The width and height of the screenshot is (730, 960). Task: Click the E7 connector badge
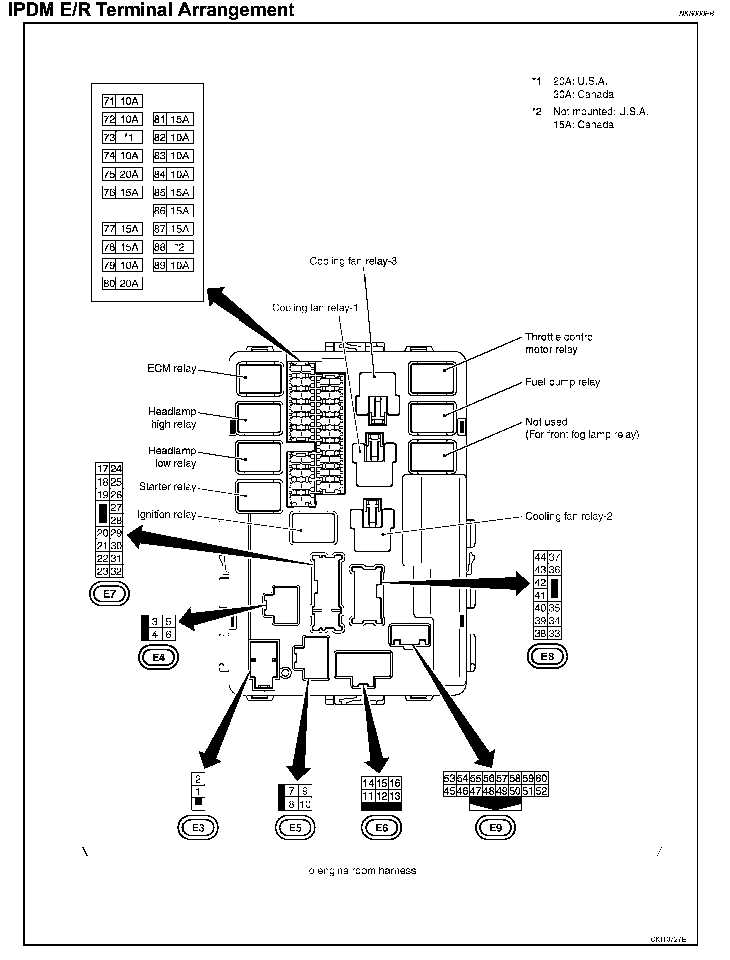click(x=109, y=594)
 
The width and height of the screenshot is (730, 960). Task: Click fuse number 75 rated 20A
click(x=122, y=174)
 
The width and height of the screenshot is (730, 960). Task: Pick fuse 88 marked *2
click(x=173, y=247)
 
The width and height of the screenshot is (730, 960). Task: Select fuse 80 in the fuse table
click(x=122, y=284)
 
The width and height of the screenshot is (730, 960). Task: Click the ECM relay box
click(x=260, y=379)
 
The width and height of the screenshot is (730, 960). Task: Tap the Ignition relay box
click(x=313, y=528)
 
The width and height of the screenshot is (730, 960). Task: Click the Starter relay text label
click(x=167, y=487)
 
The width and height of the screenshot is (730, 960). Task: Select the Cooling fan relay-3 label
click(x=353, y=261)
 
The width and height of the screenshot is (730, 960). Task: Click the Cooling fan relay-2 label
click(x=569, y=516)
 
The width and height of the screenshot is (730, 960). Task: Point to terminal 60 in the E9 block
click(x=541, y=779)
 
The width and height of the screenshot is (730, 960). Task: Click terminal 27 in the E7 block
click(x=116, y=507)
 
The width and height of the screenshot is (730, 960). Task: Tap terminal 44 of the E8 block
click(x=540, y=557)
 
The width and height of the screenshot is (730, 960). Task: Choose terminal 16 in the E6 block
click(x=395, y=783)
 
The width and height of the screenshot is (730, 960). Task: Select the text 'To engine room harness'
click(x=359, y=871)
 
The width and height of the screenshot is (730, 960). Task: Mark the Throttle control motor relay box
click(x=432, y=379)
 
